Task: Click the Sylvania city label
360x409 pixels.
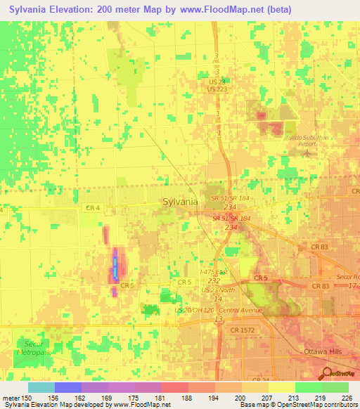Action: (180, 201)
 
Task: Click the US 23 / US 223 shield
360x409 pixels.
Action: (217, 85)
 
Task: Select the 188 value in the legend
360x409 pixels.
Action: (186, 398)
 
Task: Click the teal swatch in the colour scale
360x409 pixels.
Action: (41, 387)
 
